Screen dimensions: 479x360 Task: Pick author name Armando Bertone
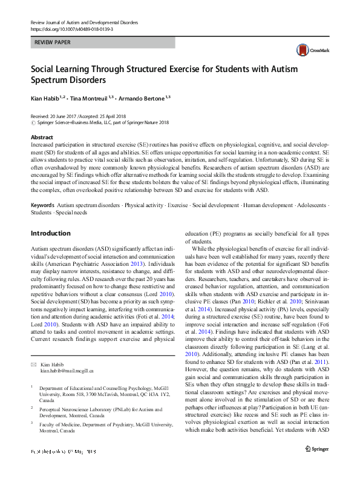[142, 98]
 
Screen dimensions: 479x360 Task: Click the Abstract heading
[42, 137]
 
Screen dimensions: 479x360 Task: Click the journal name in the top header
[84, 22]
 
